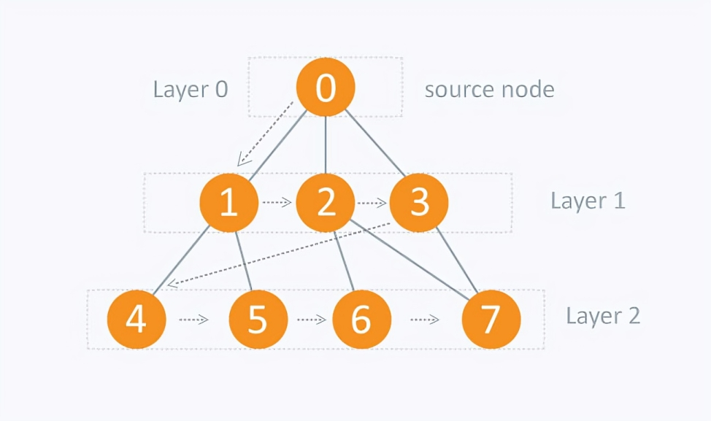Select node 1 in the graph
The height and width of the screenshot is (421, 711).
click(229, 202)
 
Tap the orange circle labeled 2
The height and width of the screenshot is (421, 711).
click(326, 202)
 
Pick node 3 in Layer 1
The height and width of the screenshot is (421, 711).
click(419, 202)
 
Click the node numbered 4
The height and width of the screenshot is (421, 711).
click(137, 319)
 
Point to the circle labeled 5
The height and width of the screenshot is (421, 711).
click(258, 319)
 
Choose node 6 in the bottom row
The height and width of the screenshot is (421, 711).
click(361, 319)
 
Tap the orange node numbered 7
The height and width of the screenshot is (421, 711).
click(491, 319)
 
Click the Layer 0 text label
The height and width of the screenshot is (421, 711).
click(191, 90)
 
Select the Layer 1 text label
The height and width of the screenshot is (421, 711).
click(588, 201)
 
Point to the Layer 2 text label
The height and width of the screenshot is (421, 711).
click(603, 316)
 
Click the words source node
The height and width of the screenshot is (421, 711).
click(489, 90)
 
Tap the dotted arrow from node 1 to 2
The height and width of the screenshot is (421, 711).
click(277, 203)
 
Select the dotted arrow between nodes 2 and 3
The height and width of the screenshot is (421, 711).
click(372, 203)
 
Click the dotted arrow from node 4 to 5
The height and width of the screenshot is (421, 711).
click(194, 320)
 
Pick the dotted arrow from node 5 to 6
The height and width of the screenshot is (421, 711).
click(311, 320)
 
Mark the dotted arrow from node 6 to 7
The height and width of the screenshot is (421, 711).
click(425, 320)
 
